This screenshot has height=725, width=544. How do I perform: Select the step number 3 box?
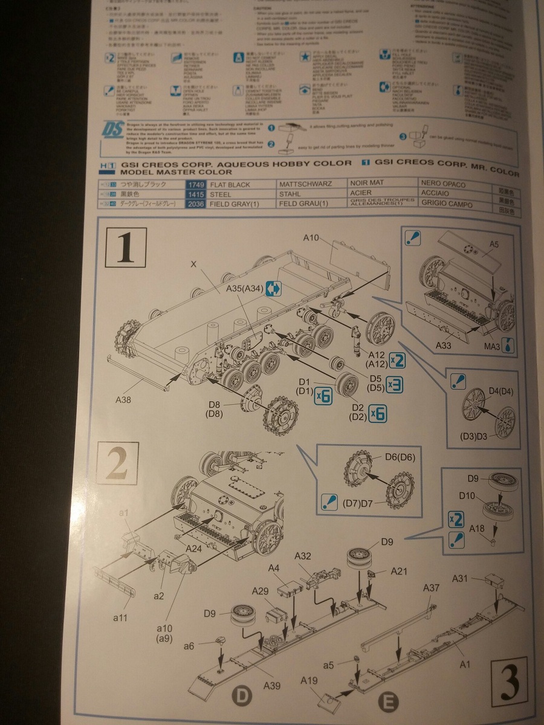(510, 681)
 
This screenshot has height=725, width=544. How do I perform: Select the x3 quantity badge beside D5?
(393, 384)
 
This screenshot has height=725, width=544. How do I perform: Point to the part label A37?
(431, 588)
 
